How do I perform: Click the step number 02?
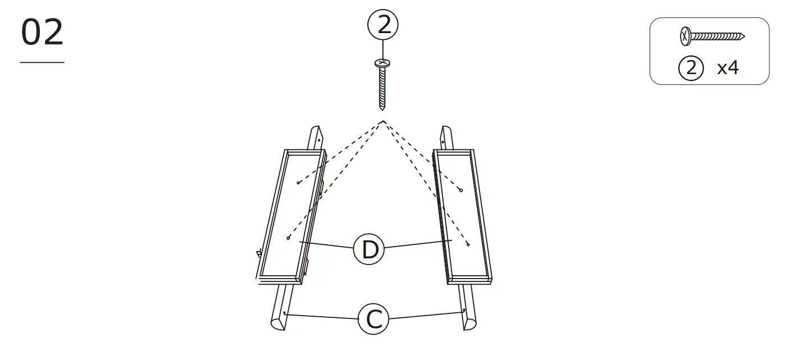click(x=43, y=34)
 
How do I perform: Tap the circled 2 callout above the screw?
click(x=383, y=25)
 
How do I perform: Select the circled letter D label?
click(x=369, y=249)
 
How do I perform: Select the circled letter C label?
click(x=374, y=319)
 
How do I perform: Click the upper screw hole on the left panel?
click(x=298, y=183)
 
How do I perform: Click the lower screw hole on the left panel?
click(x=288, y=238)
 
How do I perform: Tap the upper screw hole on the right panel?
click(x=460, y=190)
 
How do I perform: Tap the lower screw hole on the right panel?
click(x=468, y=245)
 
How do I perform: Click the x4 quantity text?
click(x=728, y=69)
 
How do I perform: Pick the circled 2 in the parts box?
click(x=691, y=69)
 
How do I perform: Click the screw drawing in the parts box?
click(x=711, y=37)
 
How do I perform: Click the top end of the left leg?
click(x=316, y=130)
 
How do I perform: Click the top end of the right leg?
click(x=445, y=131)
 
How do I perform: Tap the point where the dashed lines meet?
click(x=383, y=121)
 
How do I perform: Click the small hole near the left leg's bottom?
click(x=285, y=313)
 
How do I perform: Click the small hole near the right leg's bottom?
click(x=463, y=310)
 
